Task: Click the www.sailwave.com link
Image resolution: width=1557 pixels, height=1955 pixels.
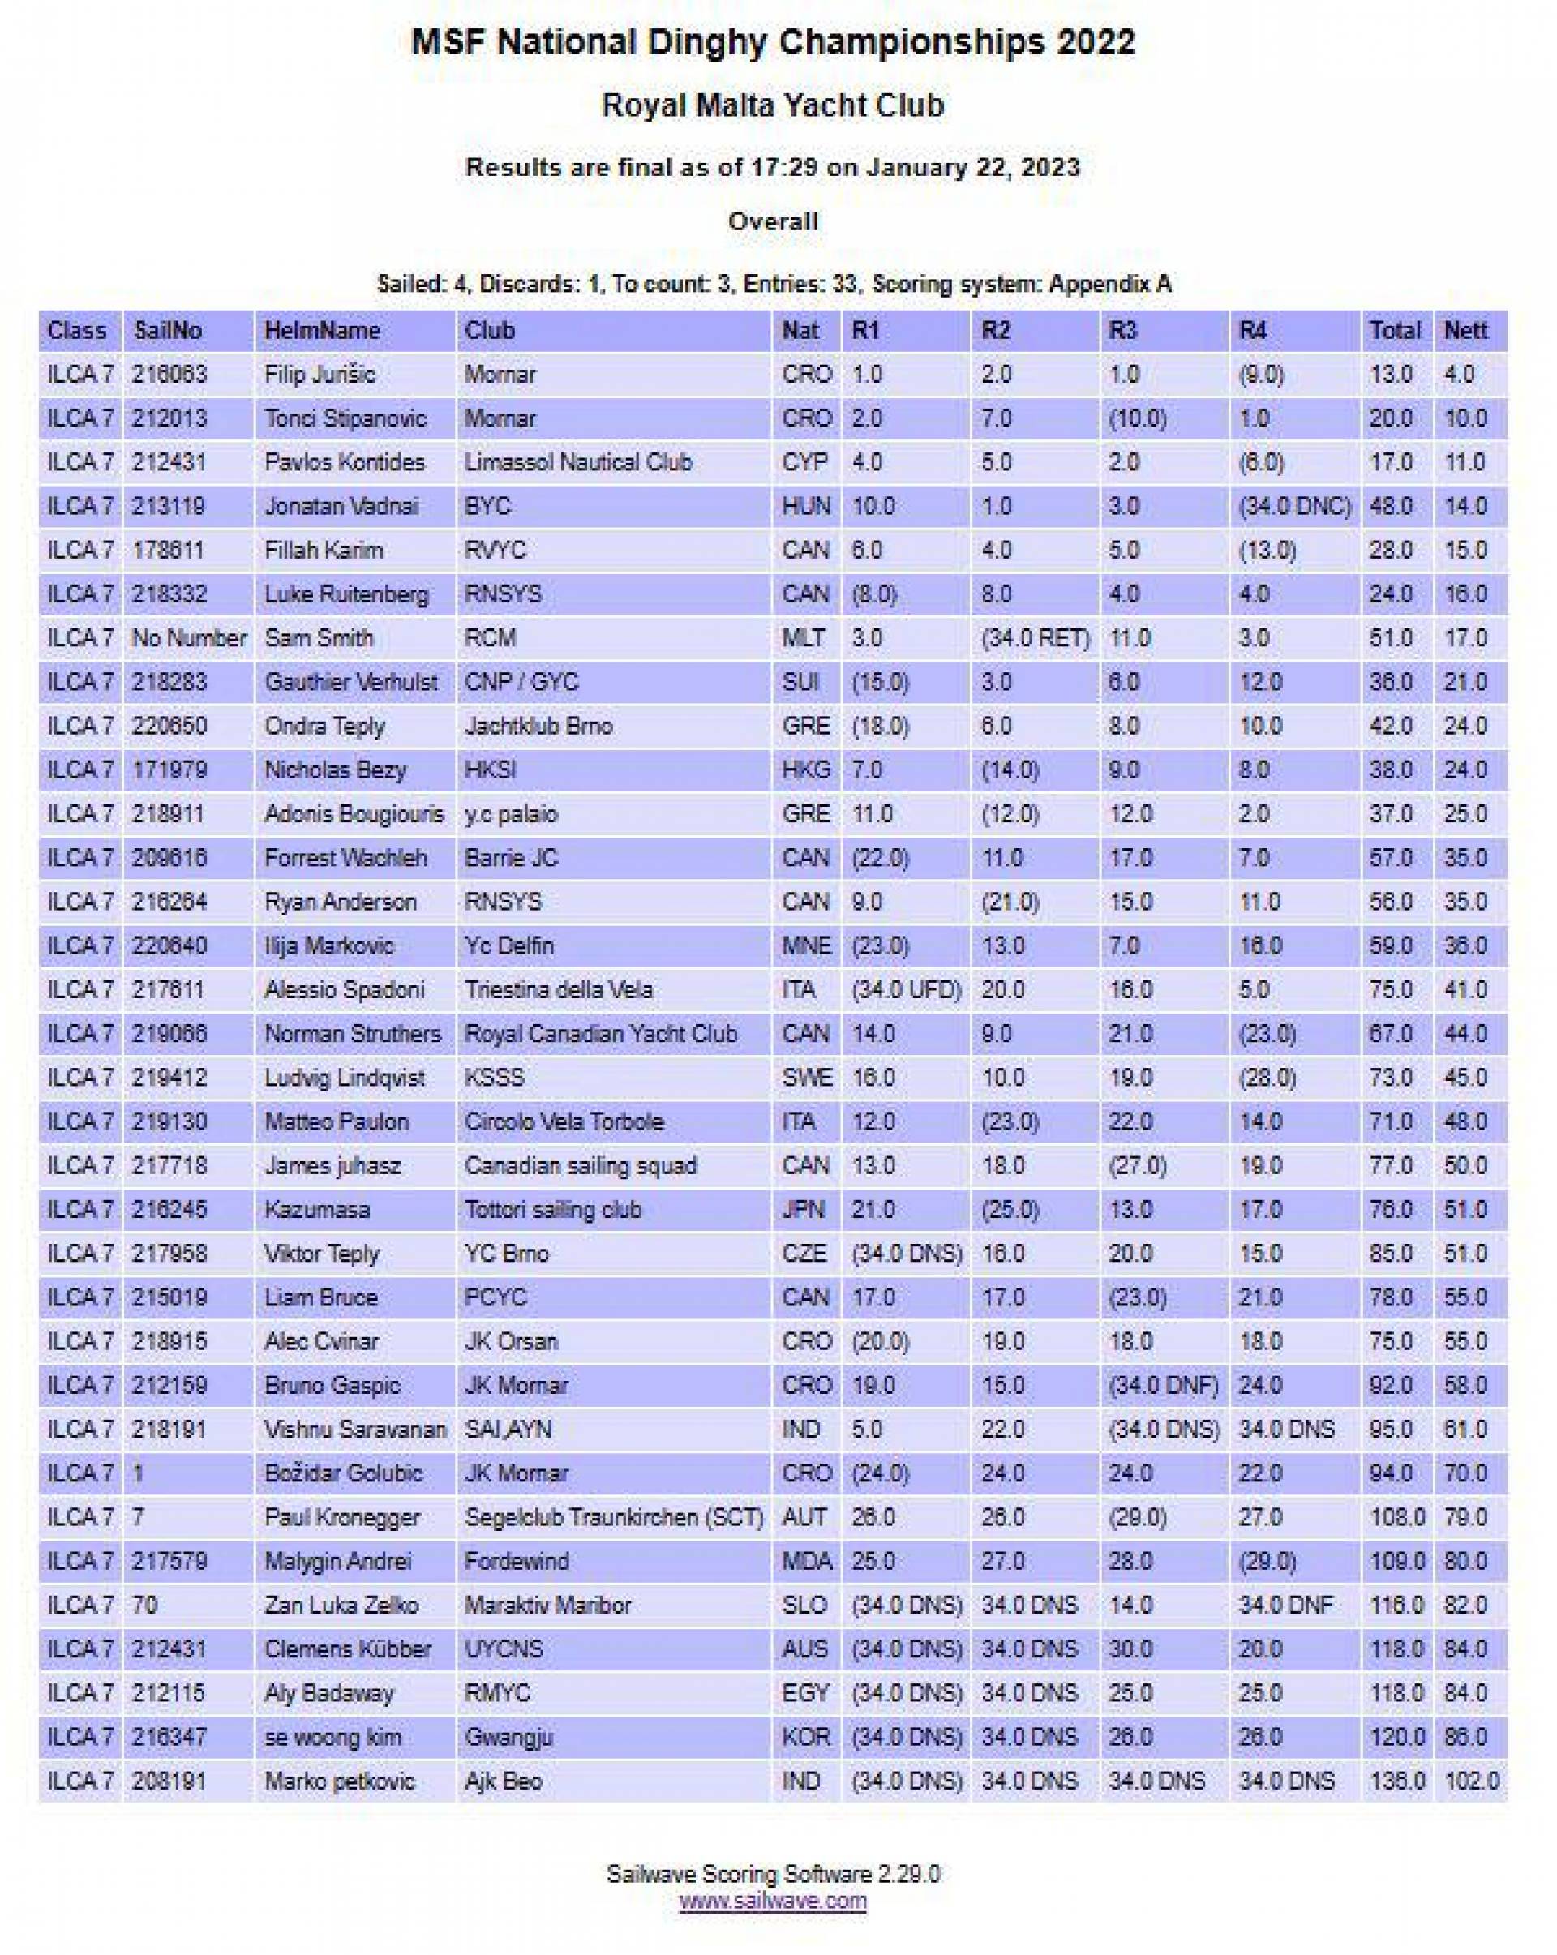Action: [773, 1900]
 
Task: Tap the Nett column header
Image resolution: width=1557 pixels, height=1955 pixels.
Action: [1465, 330]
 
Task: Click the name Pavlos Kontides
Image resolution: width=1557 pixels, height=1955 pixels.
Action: [345, 462]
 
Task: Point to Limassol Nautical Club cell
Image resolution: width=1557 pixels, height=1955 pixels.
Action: [577, 462]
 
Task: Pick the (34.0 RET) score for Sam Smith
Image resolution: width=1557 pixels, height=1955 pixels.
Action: [1035, 638]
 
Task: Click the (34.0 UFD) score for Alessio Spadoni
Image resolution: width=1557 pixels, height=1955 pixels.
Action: [906, 990]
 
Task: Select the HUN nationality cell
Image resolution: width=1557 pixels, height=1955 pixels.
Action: [805, 506]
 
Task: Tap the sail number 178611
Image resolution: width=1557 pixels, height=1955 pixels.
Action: [169, 551]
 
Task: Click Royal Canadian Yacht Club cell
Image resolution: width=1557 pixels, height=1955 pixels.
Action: [600, 1034]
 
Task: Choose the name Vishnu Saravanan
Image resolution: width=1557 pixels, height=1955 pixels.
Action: [354, 1430]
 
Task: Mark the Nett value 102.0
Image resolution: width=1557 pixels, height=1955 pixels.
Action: [1472, 1781]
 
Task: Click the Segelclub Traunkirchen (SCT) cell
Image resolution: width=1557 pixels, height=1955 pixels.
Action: [614, 1518]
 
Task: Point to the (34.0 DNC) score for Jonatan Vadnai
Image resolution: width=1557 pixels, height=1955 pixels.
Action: [1294, 506]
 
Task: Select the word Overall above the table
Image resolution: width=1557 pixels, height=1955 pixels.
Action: [773, 221]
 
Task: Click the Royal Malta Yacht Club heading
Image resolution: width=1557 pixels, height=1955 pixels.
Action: [773, 105]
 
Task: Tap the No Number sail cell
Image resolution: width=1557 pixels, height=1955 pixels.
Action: [189, 638]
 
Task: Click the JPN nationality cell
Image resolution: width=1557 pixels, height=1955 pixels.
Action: [803, 1210]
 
